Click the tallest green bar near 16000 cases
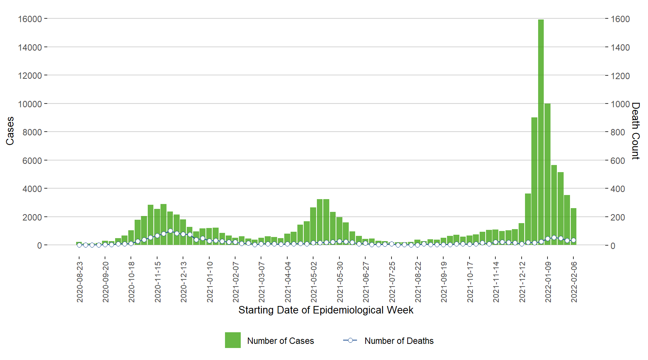541,131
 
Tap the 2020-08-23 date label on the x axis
80,282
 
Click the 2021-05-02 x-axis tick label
314,282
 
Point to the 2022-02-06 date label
574,282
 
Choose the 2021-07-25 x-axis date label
392,282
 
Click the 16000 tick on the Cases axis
30,19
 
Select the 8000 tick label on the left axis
32,132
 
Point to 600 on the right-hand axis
618,161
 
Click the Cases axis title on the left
10,131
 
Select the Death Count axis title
635,131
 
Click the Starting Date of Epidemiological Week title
326,310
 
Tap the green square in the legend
233,340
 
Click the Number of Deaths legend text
399,341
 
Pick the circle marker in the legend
350,340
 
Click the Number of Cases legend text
280,341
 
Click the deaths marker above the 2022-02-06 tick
573,240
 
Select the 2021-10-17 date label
470,282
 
